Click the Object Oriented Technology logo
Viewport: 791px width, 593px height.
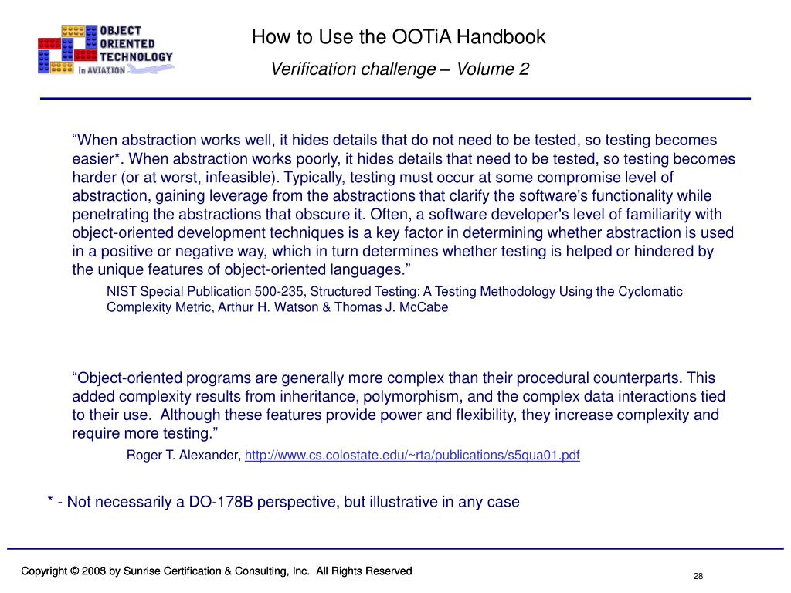click(105, 49)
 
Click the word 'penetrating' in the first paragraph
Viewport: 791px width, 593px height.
click(108, 215)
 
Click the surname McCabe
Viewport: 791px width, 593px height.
click(423, 307)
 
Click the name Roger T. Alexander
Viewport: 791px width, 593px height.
click(184, 456)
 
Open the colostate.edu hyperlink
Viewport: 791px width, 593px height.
click(412, 456)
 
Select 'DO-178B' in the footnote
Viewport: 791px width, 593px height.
click(219, 502)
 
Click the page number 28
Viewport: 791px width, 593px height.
click(698, 578)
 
